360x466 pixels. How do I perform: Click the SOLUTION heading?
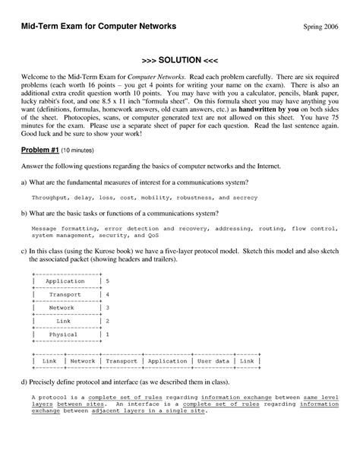pos(180,59)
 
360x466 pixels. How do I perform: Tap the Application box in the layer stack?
pos(65,281)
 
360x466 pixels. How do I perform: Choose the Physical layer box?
pos(64,334)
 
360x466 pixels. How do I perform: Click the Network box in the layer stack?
pos(65,308)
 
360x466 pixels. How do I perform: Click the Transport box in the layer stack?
pos(65,294)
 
